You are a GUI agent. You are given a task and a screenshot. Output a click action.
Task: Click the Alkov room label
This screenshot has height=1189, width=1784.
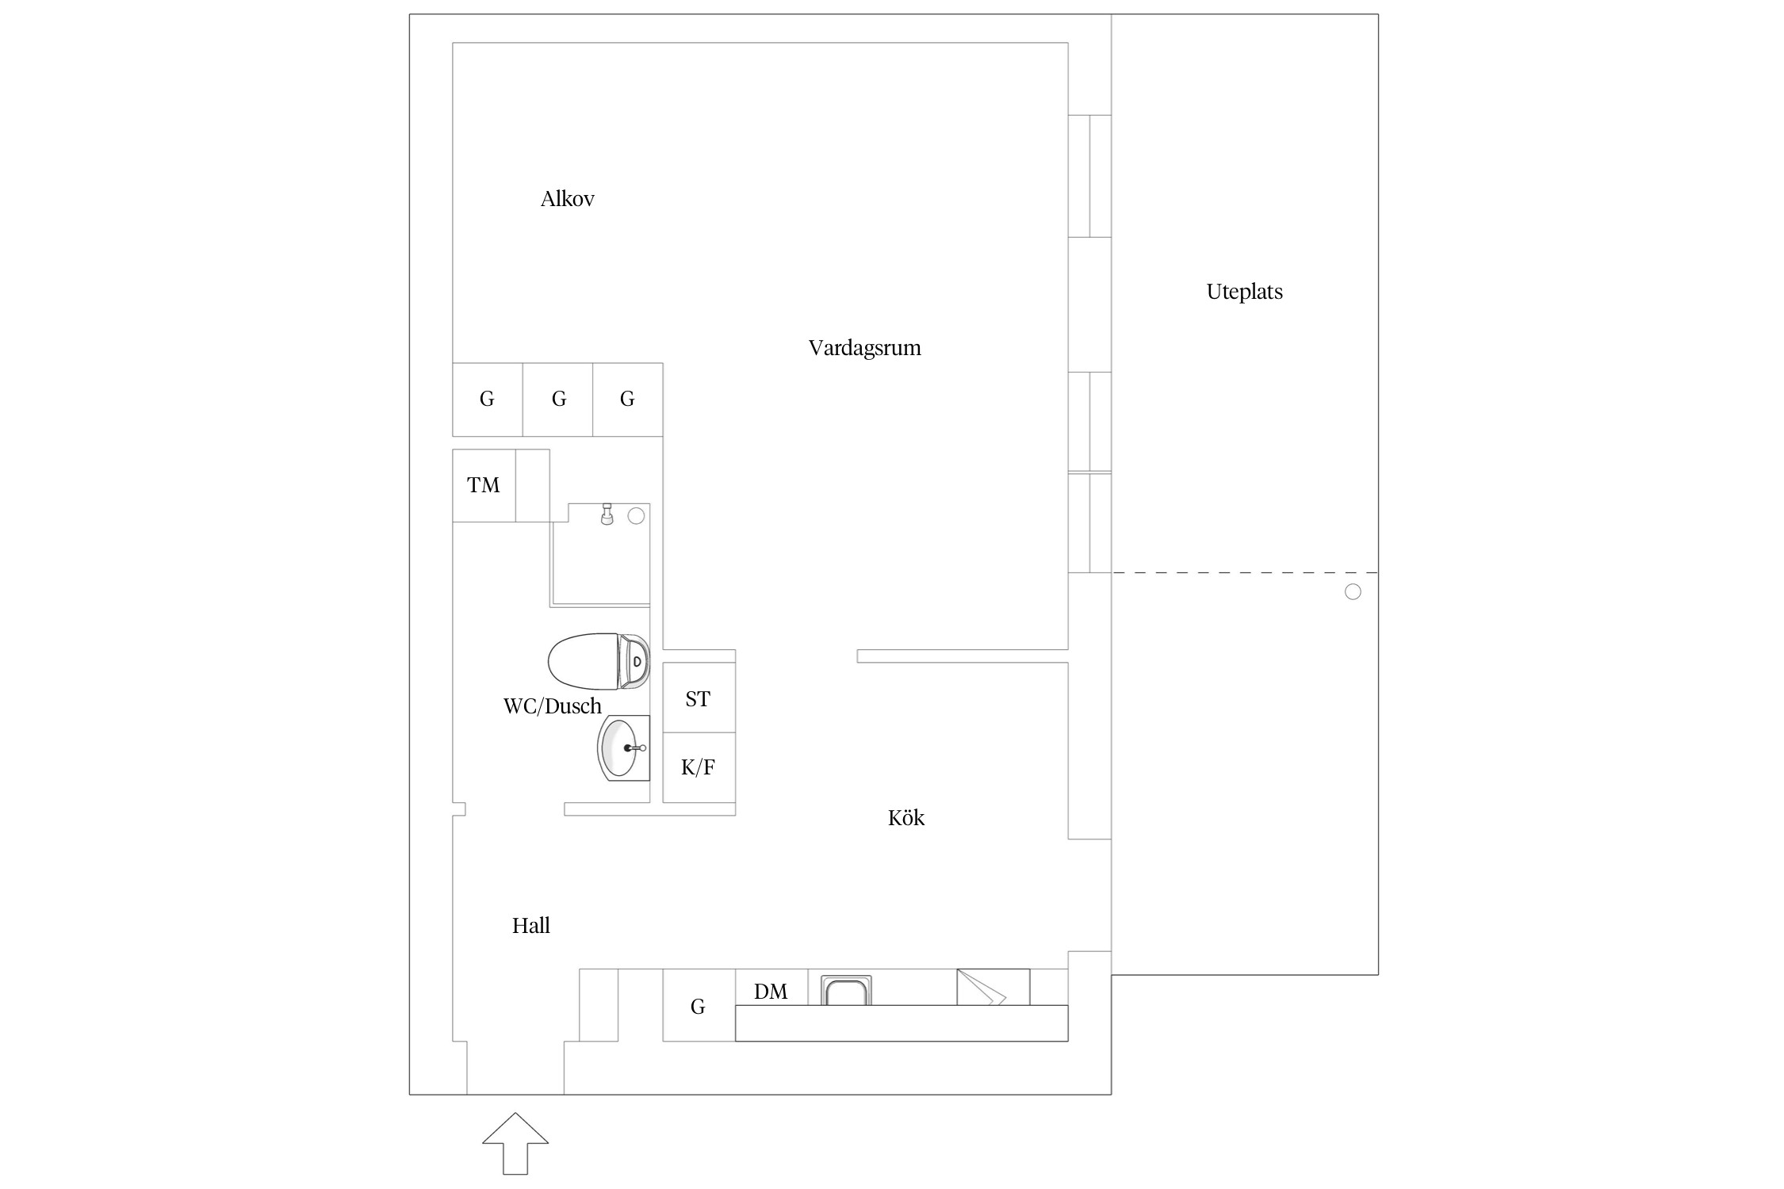[x=568, y=199]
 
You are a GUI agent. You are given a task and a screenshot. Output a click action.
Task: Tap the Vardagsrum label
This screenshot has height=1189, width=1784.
[x=865, y=348]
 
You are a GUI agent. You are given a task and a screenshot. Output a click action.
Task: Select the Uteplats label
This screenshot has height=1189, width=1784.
[x=1245, y=292]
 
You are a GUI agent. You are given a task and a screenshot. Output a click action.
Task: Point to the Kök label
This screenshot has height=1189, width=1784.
[x=906, y=817]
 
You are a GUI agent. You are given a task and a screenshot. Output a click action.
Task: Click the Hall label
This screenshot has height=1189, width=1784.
[x=531, y=925]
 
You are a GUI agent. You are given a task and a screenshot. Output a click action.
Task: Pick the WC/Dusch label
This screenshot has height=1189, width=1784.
[x=553, y=706]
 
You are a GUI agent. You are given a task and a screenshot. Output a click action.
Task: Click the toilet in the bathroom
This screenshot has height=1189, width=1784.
[x=599, y=660]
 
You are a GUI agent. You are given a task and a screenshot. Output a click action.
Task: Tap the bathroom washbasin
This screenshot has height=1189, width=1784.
[x=623, y=748]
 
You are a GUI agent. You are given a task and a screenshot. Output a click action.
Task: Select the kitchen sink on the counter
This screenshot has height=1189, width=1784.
[x=846, y=991]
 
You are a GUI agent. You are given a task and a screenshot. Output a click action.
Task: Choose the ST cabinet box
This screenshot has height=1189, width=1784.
[x=699, y=698]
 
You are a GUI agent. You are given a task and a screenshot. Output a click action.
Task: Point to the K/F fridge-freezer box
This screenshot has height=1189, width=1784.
[x=699, y=767]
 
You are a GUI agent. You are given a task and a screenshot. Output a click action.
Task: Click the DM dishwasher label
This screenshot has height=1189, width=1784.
[x=771, y=992]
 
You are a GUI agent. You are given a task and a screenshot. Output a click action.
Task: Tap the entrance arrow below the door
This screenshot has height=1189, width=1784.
[x=515, y=1143]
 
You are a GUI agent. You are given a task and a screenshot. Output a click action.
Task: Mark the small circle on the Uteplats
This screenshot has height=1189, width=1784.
[x=1353, y=592]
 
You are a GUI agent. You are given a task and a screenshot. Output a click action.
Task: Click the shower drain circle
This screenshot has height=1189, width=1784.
[x=636, y=516]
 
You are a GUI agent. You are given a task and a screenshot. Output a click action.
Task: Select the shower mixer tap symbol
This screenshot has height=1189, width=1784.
[x=607, y=514]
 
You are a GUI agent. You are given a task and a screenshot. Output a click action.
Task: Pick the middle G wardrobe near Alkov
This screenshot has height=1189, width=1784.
[x=558, y=400]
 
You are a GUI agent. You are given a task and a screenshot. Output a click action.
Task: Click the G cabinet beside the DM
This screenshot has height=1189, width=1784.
[x=699, y=1005]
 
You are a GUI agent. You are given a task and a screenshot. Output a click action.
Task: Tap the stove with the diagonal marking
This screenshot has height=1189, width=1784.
[x=993, y=987]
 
